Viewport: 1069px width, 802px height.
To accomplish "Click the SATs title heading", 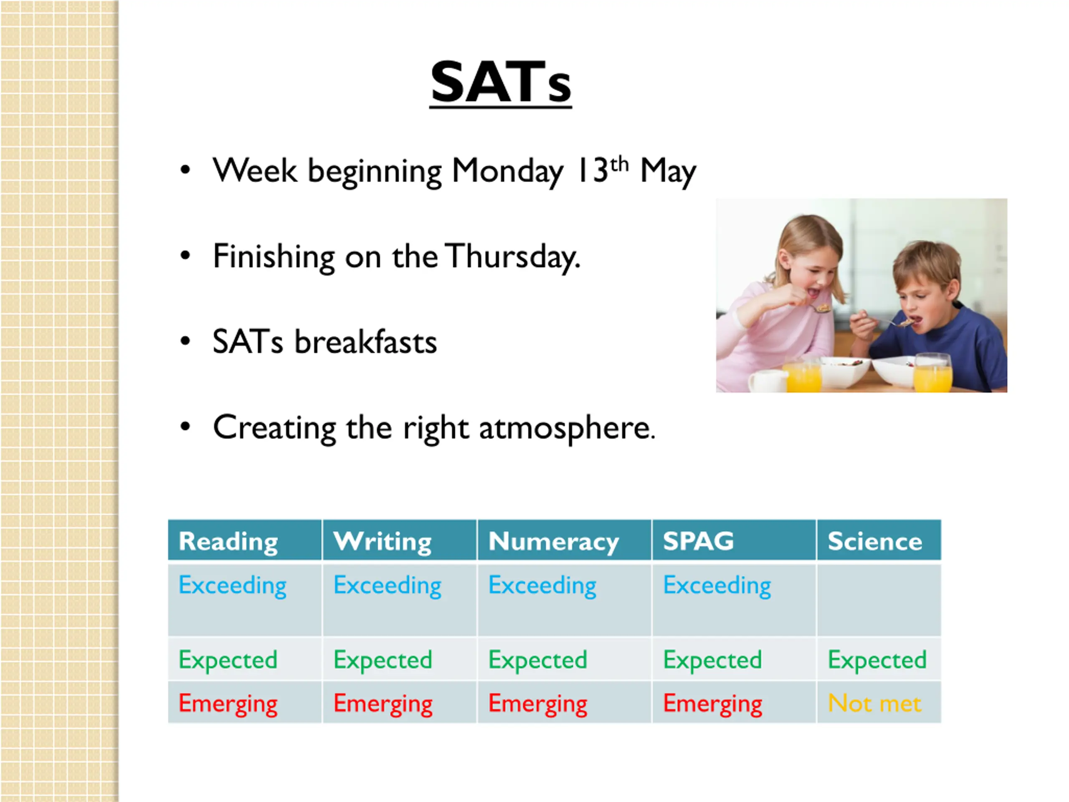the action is pos(501,82).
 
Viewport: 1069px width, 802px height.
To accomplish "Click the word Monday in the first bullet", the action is pos(507,171).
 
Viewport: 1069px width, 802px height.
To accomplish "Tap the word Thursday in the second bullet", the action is pos(512,256).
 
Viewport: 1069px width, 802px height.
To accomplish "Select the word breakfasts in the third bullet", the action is pos(366,342).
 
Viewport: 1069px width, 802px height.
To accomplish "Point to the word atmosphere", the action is pos(567,428).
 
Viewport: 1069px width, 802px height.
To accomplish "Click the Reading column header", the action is pos(228,541).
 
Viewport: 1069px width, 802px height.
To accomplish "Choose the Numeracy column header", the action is pos(553,541).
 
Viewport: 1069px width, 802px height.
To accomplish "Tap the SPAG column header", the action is pos(698,541).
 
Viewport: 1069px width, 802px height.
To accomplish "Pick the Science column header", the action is pos(875,541).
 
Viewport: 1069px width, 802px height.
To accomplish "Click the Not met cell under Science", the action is pos(875,703).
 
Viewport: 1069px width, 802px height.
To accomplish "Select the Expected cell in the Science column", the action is pos(877,660).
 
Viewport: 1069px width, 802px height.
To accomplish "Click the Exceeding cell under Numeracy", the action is pos(542,586).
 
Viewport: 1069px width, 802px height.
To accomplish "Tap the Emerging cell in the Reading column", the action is pos(228,704).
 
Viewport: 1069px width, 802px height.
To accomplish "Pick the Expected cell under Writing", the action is pos(383,660).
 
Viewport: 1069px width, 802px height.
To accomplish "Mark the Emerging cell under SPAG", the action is pos(712,704).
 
